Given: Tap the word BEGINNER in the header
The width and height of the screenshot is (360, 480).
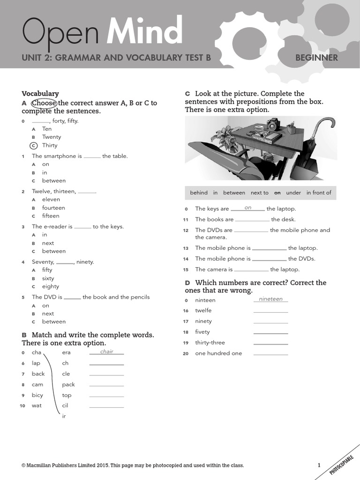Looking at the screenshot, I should click(316, 58).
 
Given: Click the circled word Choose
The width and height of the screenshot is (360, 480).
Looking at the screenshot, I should click(44, 103).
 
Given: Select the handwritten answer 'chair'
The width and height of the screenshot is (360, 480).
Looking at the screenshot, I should click(107, 352).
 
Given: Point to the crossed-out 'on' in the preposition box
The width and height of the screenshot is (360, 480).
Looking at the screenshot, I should click(277, 193).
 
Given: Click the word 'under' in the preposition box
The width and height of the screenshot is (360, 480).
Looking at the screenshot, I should click(293, 193).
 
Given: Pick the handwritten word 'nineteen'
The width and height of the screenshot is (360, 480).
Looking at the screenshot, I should click(271, 299).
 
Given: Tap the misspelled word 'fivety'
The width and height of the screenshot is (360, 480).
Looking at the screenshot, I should click(202, 332).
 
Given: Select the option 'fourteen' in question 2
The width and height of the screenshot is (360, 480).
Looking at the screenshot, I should click(53, 208).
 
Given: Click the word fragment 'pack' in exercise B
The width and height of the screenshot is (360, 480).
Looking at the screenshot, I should click(68, 384).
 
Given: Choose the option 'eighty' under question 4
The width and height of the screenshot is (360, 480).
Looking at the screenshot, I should click(51, 286).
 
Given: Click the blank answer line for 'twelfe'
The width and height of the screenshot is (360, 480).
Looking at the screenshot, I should click(270, 312).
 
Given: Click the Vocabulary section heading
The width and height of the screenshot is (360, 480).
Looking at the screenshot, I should click(40, 94).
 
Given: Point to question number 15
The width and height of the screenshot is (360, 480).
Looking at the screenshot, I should click(186, 270).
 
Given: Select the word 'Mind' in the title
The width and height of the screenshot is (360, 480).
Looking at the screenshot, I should click(144, 32).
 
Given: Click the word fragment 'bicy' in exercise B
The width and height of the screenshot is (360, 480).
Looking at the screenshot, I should click(37, 395).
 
